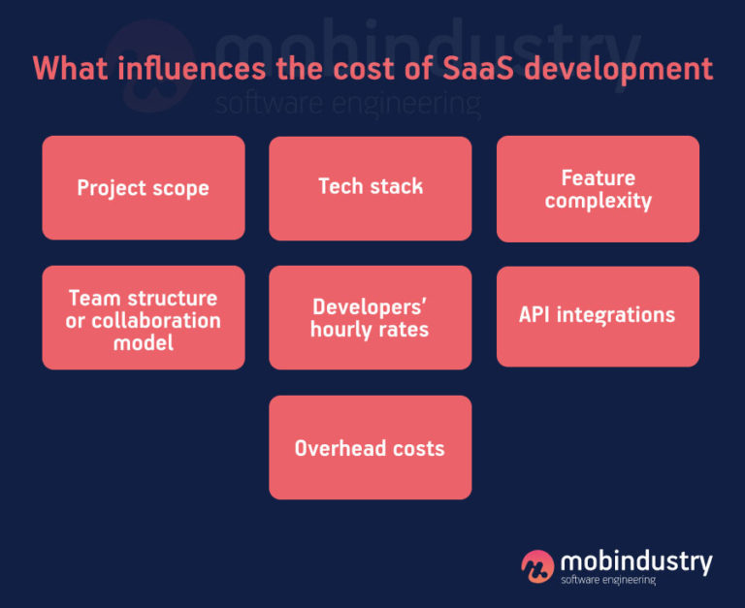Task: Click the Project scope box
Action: point(144,187)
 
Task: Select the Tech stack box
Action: point(370,187)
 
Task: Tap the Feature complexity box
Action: point(598,189)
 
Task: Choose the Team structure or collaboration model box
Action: point(144,318)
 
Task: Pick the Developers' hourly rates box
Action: point(370,318)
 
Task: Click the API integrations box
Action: point(598,316)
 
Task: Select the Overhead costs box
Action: point(370,447)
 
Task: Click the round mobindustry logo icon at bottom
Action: point(537,566)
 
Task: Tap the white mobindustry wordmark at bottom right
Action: point(636,561)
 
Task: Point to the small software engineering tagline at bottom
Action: point(608,581)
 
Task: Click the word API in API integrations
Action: point(536,315)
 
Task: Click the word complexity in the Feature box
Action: point(598,202)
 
